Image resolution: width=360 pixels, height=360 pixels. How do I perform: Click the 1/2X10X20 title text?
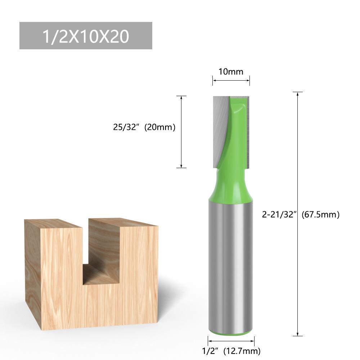[x=86, y=36]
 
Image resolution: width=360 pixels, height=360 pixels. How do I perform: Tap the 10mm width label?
[x=231, y=72]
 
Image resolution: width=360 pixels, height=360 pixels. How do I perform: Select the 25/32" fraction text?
[x=126, y=127]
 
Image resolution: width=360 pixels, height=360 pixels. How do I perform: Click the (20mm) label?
[x=160, y=127]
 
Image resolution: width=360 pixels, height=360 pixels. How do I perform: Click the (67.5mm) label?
[x=320, y=215]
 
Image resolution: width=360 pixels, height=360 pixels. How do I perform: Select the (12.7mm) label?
[x=242, y=351]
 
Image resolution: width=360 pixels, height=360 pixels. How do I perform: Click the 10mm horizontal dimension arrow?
[x=231, y=80]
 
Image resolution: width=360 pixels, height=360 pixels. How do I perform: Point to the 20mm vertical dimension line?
[x=181, y=132]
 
